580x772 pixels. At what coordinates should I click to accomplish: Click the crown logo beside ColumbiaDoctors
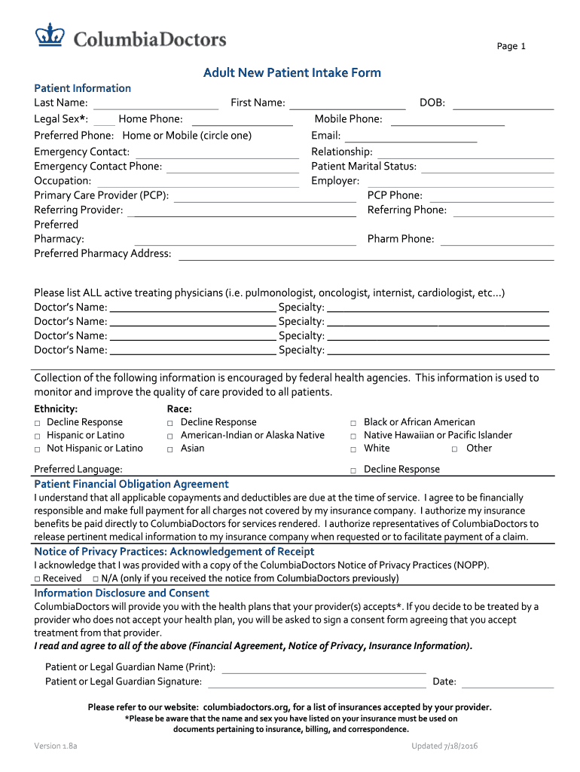pyautogui.click(x=52, y=35)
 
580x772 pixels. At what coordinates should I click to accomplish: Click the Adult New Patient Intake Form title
pyautogui.click(x=292, y=73)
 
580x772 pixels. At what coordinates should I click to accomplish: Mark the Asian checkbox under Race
pyautogui.click(x=171, y=449)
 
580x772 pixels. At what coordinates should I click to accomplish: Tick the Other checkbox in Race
pyautogui.click(x=455, y=449)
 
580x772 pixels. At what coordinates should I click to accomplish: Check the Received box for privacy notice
pyautogui.click(x=38, y=579)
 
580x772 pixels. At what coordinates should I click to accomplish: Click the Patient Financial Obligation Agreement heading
pyautogui.click(x=132, y=484)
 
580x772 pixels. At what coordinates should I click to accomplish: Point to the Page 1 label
pyautogui.click(x=511, y=47)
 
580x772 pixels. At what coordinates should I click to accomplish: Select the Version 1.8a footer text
pyautogui.click(x=56, y=746)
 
